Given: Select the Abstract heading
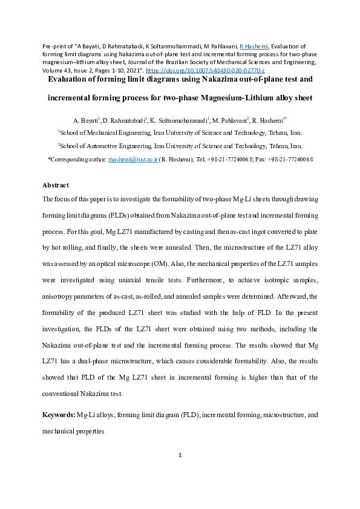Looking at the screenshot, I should (56, 185).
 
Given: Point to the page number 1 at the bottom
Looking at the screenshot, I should (180, 472).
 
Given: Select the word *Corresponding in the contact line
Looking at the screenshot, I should (68, 160).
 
